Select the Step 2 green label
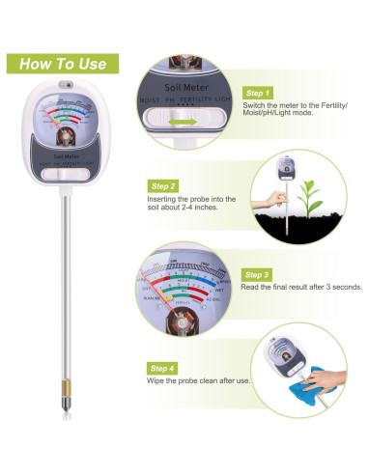click(x=162, y=184)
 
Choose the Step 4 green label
click(x=162, y=368)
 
